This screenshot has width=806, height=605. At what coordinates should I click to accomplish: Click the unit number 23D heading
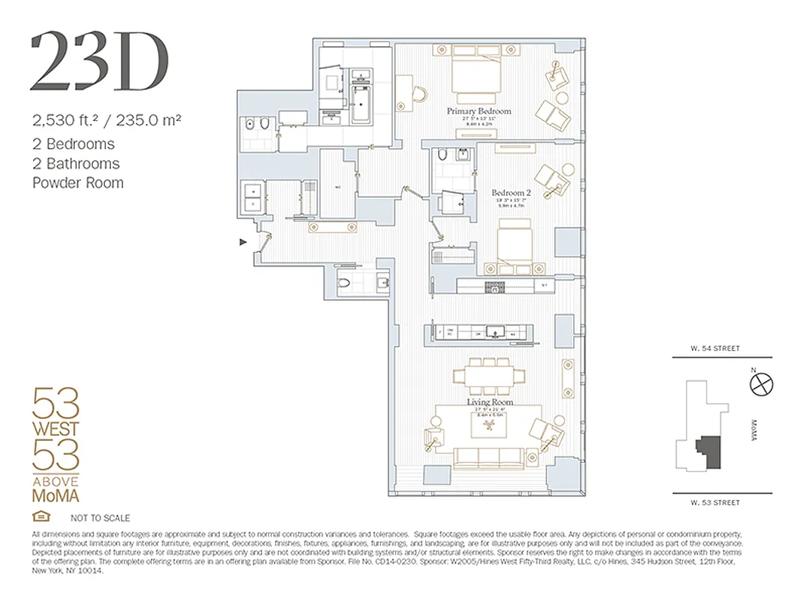point(99,61)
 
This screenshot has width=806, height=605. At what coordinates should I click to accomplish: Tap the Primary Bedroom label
point(478,111)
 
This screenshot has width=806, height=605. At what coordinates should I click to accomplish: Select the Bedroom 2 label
point(511,193)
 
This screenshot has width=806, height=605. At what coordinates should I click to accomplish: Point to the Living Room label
point(489,402)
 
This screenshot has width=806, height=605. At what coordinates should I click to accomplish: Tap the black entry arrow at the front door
point(242,242)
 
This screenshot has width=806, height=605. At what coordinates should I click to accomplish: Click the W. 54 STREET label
point(714,349)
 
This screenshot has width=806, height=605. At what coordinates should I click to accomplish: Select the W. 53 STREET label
point(714,502)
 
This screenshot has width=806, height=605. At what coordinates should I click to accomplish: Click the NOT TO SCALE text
point(100,518)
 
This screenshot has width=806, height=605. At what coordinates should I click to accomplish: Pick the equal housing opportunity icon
point(39,517)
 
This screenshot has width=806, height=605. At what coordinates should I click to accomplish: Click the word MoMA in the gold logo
point(55,495)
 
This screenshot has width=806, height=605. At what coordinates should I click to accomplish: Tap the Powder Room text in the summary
point(78,183)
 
